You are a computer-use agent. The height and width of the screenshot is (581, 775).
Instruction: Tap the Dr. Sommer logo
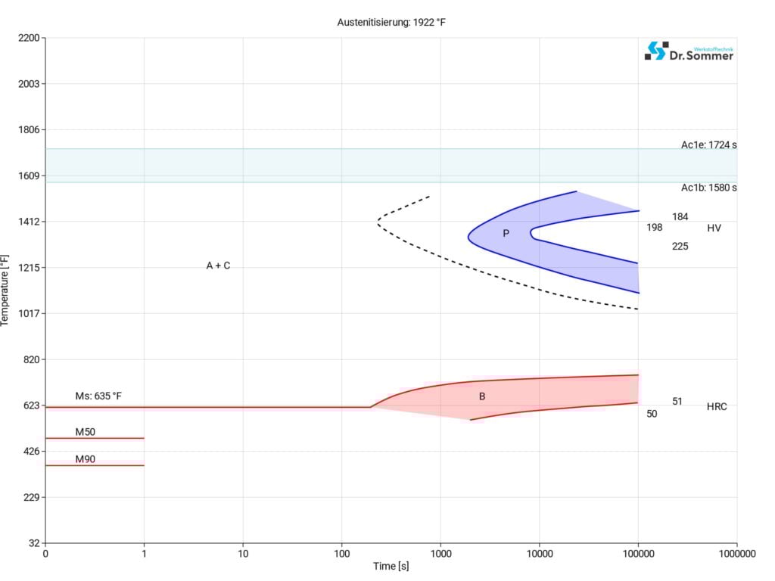pyautogui.click(x=689, y=51)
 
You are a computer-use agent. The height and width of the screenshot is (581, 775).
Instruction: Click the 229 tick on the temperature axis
pyautogui.click(x=31, y=497)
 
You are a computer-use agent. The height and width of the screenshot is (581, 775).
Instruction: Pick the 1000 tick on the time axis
pyautogui.click(x=440, y=554)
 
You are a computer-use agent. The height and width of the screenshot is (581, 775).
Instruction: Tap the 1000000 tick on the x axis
pyautogui.click(x=736, y=554)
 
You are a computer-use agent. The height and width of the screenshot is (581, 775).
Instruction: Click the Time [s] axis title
pyautogui.click(x=391, y=567)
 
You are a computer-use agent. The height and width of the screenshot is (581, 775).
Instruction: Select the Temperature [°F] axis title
pyautogui.click(x=6, y=290)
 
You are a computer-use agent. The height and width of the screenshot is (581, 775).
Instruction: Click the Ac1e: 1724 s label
pyautogui.click(x=708, y=145)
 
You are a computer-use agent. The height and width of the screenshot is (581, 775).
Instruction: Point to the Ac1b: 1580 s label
pyautogui.click(x=708, y=188)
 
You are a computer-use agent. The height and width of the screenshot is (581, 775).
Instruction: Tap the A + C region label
pyautogui.click(x=218, y=266)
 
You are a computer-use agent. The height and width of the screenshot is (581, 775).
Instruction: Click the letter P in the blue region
pyautogui.click(x=506, y=233)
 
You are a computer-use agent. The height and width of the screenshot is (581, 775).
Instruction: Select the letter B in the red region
pyautogui.click(x=482, y=396)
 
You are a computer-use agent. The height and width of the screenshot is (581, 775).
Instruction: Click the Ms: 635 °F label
pyautogui.click(x=98, y=396)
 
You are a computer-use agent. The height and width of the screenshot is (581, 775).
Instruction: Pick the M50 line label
pyautogui.click(x=86, y=432)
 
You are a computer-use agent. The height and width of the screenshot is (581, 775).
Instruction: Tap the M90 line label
pyautogui.click(x=86, y=459)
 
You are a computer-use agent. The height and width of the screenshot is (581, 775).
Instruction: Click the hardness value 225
pyautogui.click(x=680, y=246)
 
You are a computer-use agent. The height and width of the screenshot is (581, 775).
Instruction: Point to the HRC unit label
pyautogui.click(x=717, y=407)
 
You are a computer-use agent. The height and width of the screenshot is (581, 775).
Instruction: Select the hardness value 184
pyautogui.click(x=680, y=217)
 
